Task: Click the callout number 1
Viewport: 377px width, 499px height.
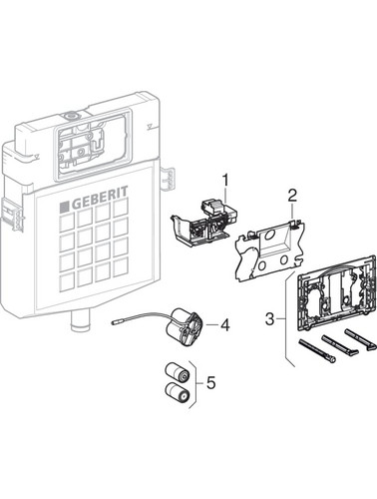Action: pyautogui.click(x=225, y=182)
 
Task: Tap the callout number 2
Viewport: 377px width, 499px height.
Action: pyautogui.click(x=291, y=197)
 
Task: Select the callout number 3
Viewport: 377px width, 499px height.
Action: pyautogui.click(x=270, y=319)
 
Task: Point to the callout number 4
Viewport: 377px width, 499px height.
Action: pyautogui.click(x=225, y=325)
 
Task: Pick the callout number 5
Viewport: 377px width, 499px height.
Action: pyautogui.click(x=210, y=382)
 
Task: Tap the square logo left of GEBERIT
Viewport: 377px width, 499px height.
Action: pyautogui.click(x=65, y=207)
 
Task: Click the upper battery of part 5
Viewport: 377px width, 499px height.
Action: pyautogui.click(x=178, y=372)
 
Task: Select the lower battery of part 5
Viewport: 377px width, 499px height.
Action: pyautogui.click(x=178, y=392)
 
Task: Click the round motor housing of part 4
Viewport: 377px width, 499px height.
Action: pyautogui.click(x=185, y=326)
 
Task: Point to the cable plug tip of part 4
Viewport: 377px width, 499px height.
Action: pyautogui.click(x=116, y=322)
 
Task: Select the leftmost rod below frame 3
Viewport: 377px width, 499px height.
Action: pyautogui.click(x=317, y=350)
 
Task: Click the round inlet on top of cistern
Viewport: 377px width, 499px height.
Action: pyautogui.click(x=70, y=117)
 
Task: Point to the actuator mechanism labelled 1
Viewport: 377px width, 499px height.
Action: pyautogui.click(x=203, y=224)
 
